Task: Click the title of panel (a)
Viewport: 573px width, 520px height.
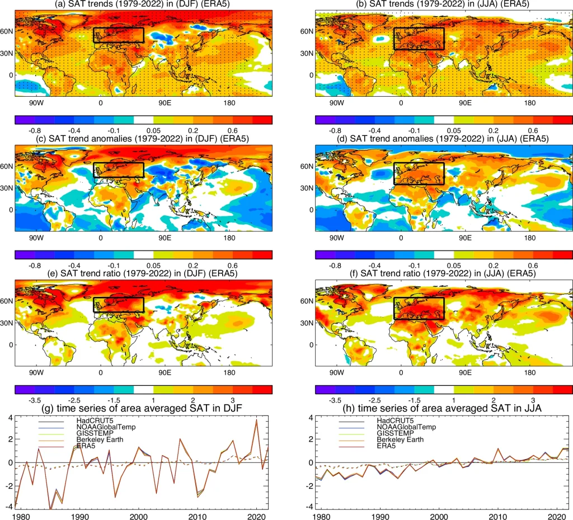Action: pyautogui.click(x=143, y=5)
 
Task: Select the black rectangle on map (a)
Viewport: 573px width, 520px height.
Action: pyautogui.click(x=119, y=35)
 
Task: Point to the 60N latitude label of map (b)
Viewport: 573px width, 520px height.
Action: pyautogui.click(x=306, y=31)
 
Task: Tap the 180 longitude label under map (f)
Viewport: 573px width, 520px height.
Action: pyautogui.click(x=530, y=372)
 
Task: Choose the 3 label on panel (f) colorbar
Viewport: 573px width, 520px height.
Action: pyautogui.click(x=533, y=400)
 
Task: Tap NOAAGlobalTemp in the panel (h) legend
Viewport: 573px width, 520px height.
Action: pyautogui.click(x=405, y=427)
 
